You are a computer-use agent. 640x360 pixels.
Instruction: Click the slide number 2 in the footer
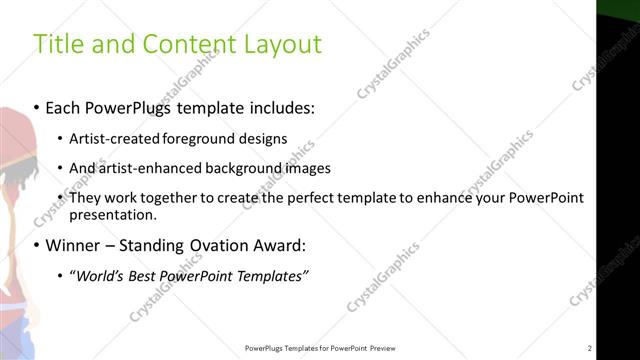tap(590, 348)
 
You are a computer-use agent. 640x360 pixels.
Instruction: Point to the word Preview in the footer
tap(381, 348)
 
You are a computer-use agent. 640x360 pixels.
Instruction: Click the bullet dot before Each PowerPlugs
tap(37, 106)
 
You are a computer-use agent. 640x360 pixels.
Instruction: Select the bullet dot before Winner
tap(37, 245)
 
